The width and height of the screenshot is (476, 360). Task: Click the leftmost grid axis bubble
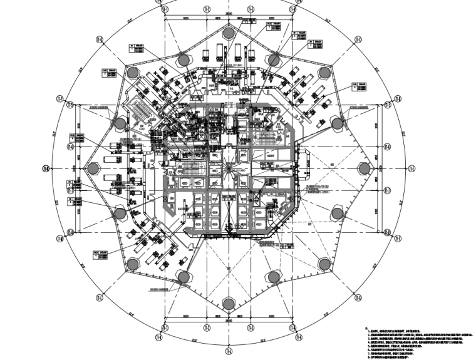[x=45, y=168]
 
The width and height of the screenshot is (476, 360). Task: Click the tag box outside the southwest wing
[x=99, y=254]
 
